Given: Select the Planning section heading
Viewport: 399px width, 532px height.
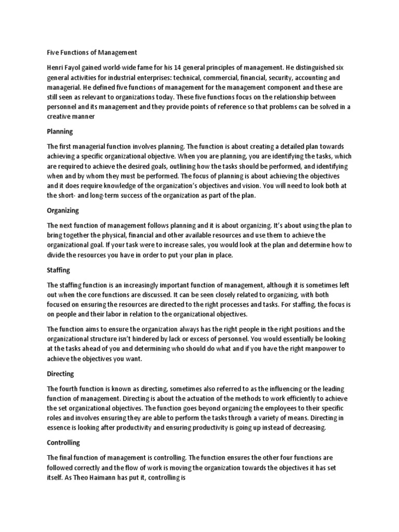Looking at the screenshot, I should [x=60, y=131].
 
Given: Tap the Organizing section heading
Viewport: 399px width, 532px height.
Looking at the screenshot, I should [x=63, y=211].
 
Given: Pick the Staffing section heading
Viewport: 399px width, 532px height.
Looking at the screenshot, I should [x=58, y=270].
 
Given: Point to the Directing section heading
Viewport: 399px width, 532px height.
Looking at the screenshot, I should [x=60, y=374].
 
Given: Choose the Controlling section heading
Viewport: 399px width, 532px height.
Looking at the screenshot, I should [x=63, y=443].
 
